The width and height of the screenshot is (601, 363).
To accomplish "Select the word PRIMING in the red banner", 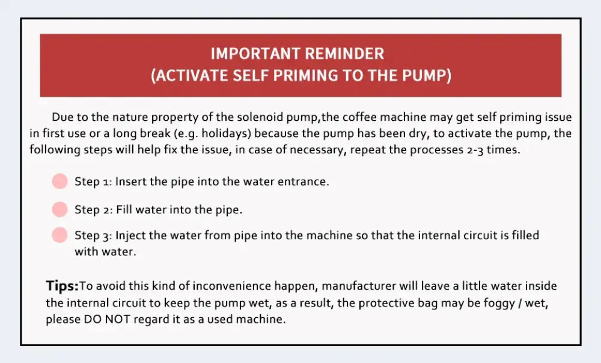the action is coord(305,76).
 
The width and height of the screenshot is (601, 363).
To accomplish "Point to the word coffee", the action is coord(360,117).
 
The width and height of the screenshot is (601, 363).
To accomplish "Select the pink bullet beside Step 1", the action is coord(59,181).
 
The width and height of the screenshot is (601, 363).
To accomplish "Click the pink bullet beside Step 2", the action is coord(59,209).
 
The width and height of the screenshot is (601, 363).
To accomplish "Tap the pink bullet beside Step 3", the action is coord(59,235).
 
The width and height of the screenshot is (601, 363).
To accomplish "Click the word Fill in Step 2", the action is coord(124,209).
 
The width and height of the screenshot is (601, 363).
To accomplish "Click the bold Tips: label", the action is coord(62,286).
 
